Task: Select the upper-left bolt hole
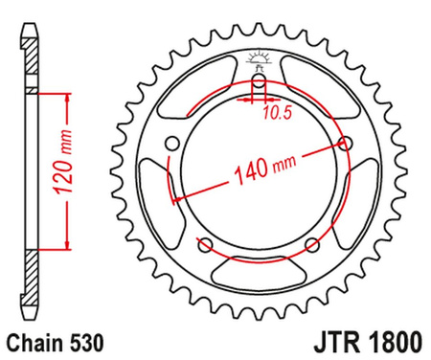tap(172, 145)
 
